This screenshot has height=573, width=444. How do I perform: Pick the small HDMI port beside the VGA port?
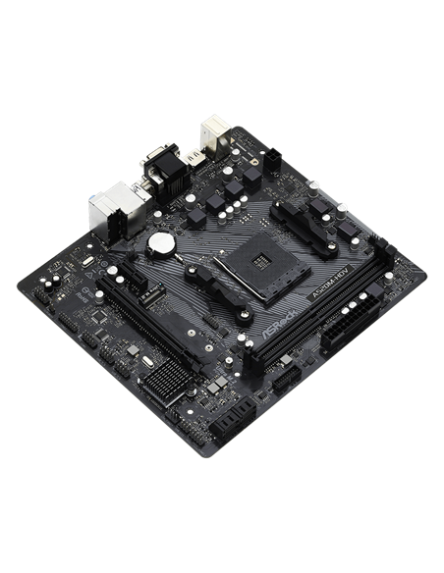(196, 158)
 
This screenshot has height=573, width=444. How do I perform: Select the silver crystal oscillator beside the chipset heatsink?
(148, 364)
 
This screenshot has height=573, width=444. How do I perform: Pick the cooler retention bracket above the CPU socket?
(298, 212)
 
